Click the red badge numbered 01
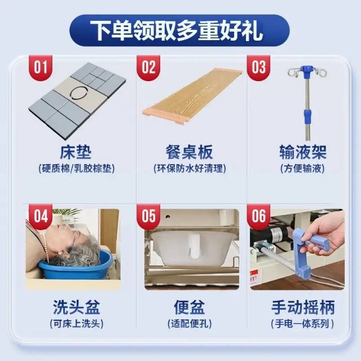(x=41, y=68)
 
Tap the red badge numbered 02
(x=148, y=68)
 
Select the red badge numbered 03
(x=258, y=68)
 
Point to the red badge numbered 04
(x=41, y=217)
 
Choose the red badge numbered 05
(x=148, y=217)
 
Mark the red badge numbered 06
(x=258, y=217)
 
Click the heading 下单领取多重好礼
(x=177, y=30)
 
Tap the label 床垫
(x=76, y=152)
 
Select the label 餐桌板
(x=190, y=152)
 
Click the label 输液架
(x=303, y=152)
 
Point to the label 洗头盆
(x=77, y=307)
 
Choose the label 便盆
(x=190, y=307)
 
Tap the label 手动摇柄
(x=303, y=307)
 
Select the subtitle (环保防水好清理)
(x=190, y=169)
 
